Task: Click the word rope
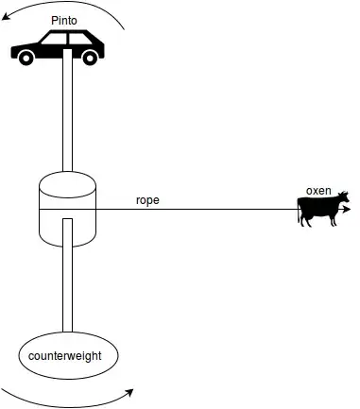pyautogui.click(x=147, y=200)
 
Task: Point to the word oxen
pyautogui.click(x=318, y=191)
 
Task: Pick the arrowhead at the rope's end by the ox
pyautogui.click(x=351, y=211)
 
